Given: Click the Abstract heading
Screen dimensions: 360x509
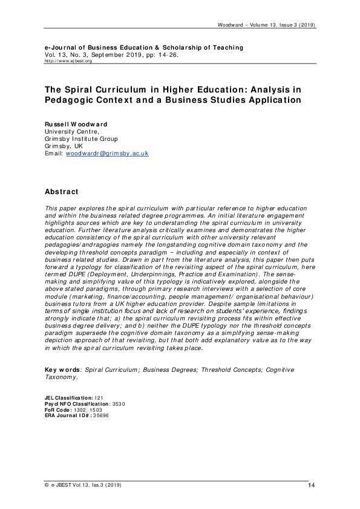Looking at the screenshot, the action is coord(62,192).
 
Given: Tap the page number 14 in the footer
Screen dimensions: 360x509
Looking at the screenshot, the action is coord(311,485).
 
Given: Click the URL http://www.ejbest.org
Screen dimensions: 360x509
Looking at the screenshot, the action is coord(68,61).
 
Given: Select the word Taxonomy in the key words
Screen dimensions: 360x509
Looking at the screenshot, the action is coord(61,377).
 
